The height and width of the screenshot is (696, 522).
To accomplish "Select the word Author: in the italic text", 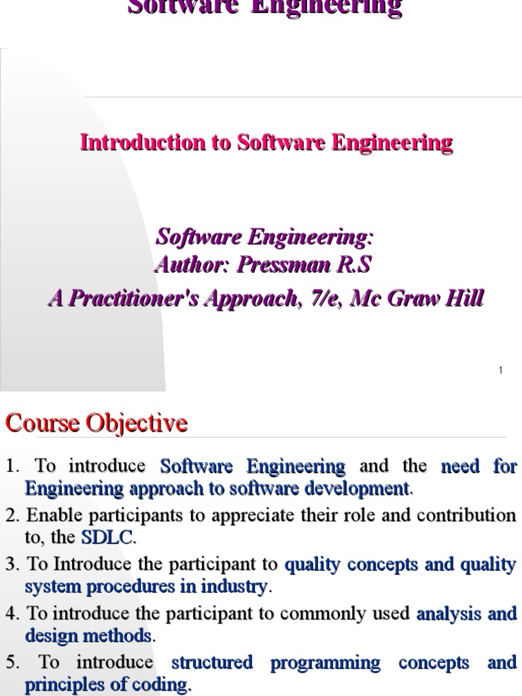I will (x=193, y=264).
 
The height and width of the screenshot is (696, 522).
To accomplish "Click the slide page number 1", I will (x=500, y=370).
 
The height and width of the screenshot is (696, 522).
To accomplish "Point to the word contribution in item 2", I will (x=470, y=515).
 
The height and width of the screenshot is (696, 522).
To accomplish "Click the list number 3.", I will (x=11, y=565).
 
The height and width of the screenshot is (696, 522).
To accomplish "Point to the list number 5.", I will (x=11, y=663).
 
